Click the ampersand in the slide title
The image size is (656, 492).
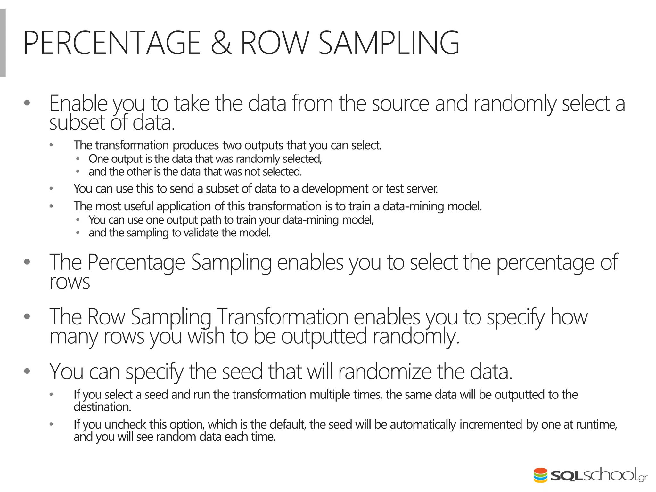pos(221,43)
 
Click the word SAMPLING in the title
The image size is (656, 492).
pos(389,43)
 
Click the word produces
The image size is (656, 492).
pos(196,145)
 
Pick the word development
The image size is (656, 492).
pos(335,189)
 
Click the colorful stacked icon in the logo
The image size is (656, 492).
pos(540,475)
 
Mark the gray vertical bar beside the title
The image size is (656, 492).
pos(3,43)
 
